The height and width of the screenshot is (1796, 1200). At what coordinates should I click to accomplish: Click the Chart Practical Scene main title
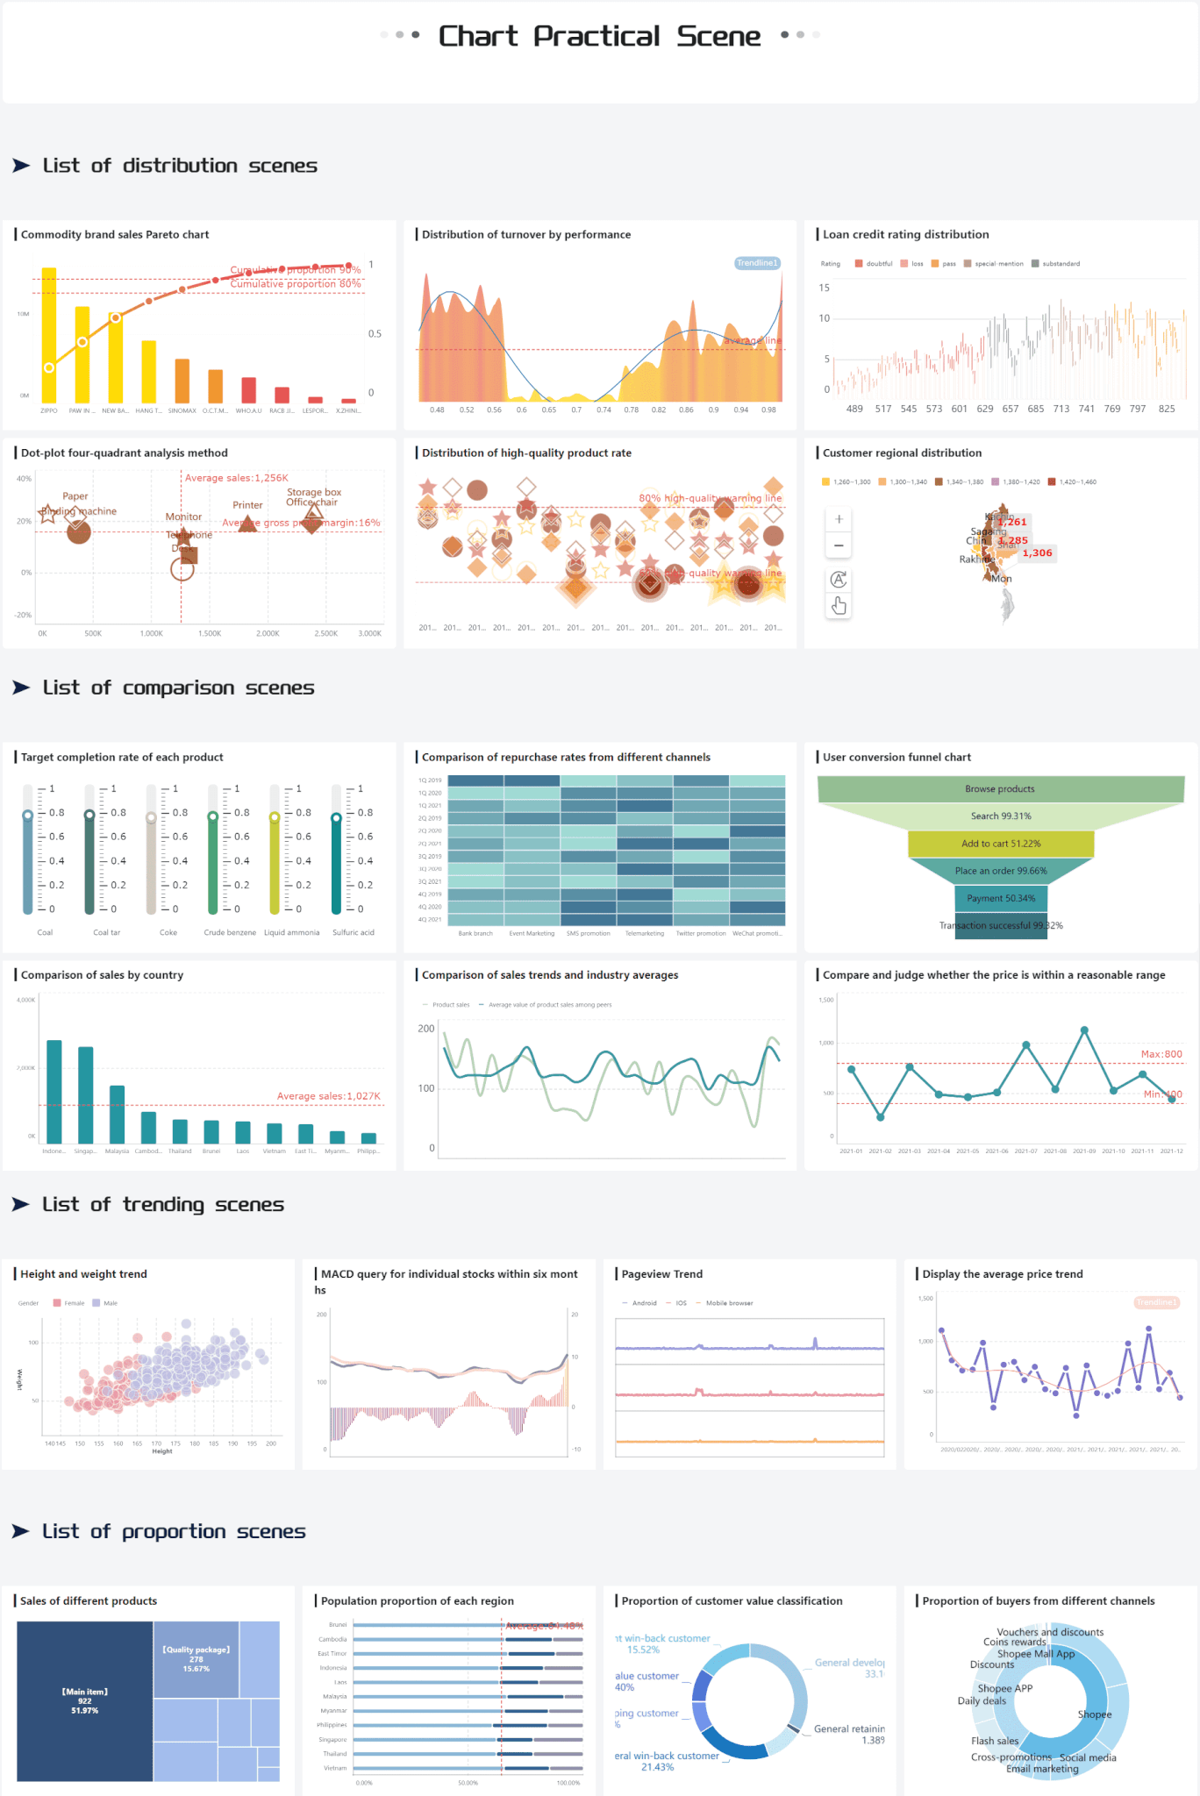[599, 36]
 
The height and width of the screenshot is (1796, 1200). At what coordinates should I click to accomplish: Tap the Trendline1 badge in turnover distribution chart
[756, 263]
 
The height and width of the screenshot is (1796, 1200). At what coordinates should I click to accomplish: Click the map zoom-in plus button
[839, 519]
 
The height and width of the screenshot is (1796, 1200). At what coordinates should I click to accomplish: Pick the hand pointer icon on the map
[839, 606]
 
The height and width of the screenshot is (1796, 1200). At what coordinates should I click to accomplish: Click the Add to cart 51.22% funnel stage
[1001, 844]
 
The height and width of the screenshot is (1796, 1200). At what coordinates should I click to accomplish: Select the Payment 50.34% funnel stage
[1001, 898]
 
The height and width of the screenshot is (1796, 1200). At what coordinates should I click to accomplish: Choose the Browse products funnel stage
[1000, 788]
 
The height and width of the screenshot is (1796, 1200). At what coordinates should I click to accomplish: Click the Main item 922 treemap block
[84, 1700]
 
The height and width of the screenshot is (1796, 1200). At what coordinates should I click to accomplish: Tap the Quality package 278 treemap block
[196, 1659]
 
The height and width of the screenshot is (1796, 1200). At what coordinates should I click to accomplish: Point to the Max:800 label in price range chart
[1161, 1054]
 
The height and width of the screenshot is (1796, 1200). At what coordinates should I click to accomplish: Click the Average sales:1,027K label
[328, 1096]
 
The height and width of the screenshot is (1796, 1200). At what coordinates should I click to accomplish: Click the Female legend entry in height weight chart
[69, 1303]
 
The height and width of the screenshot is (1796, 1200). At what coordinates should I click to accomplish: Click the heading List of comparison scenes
[178, 688]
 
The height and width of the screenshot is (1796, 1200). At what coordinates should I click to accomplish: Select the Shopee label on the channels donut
[1094, 1714]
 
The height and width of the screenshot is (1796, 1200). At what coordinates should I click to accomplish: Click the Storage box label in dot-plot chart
[314, 492]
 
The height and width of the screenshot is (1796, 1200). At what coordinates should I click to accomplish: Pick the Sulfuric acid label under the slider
[353, 932]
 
